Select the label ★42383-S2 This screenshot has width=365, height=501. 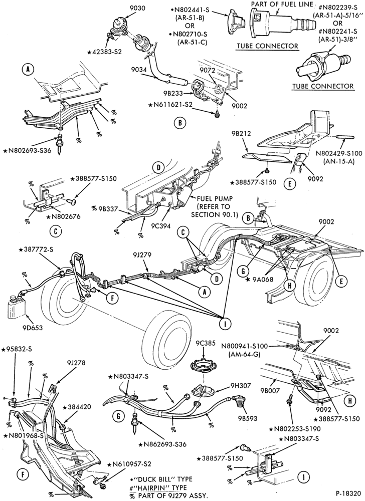pyautogui.click(x=105, y=50)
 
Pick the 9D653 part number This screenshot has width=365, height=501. pyautogui.click(x=33, y=328)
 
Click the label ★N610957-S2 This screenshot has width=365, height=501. pyautogui.click(x=129, y=463)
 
